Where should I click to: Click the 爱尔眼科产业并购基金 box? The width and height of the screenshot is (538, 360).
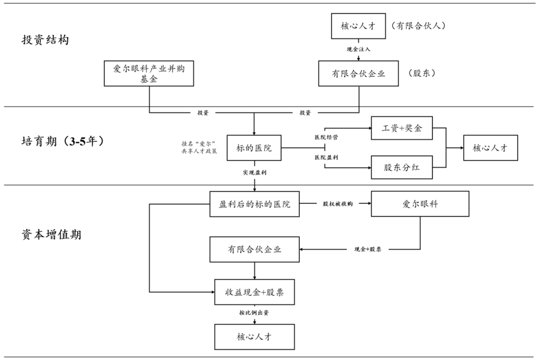[x=148, y=74]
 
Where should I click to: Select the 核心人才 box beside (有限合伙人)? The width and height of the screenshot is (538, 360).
[x=359, y=26]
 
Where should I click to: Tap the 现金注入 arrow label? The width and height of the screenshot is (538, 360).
[x=359, y=49]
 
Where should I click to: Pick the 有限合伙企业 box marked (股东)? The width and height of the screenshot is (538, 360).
[x=359, y=74]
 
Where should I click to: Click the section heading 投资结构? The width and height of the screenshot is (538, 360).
[x=45, y=40]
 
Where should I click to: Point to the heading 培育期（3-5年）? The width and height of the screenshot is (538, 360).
[x=63, y=141]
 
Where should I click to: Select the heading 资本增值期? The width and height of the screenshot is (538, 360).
[x=51, y=235]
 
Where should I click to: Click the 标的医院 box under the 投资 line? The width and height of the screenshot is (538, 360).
[x=254, y=148]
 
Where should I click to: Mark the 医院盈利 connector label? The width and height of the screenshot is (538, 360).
[x=326, y=157]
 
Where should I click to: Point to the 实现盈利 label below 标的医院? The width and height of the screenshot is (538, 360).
[x=254, y=172]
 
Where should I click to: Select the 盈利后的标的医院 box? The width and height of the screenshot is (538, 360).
[x=255, y=204]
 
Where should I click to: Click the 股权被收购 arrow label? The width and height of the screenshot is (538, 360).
[x=337, y=204]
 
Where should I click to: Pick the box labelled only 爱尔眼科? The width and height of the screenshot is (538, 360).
[x=420, y=204]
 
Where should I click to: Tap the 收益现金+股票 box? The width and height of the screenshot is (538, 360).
[x=255, y=292]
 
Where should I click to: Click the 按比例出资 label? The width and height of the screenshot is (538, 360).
[x=255, y=313]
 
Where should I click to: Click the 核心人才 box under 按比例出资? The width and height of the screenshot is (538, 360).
[x=255, y=337]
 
